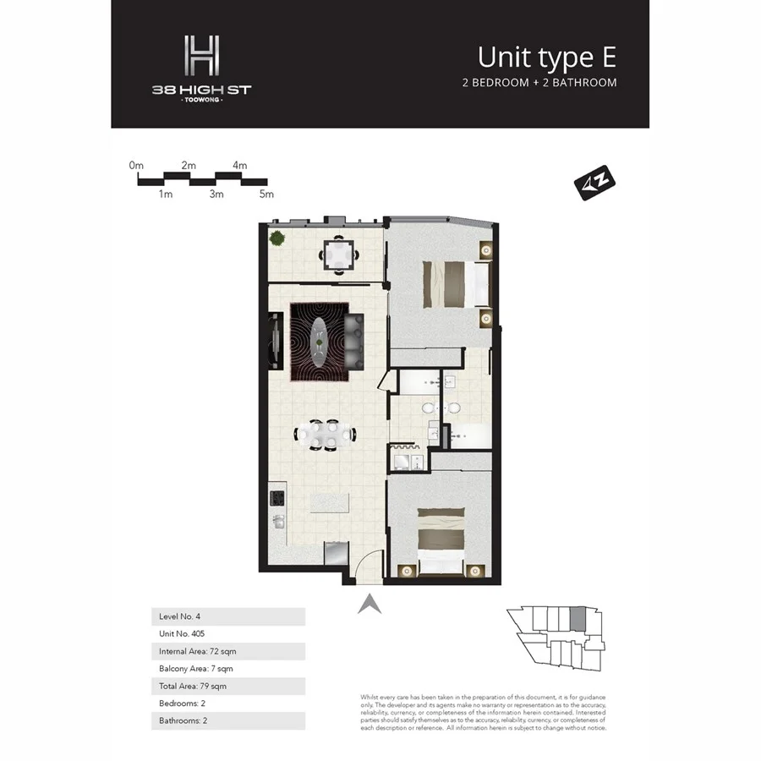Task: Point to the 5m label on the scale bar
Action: tap(266, 194)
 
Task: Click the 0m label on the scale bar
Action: tap(137, 166)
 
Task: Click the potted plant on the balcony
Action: tap(276, 238)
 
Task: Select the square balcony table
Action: tap(338, 254)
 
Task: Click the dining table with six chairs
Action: tap(326, 435)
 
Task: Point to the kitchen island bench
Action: tap(331, 502)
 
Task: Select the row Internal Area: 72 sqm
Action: tap(227, 651)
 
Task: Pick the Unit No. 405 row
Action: tap(227, 633)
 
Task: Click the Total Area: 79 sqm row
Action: tap(227, 686)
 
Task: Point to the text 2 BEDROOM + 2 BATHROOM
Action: tap(539, 83)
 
